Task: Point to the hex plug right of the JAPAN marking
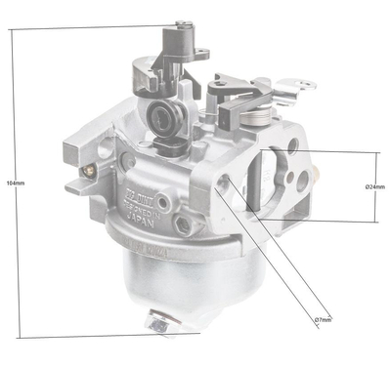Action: [x=182, y=225]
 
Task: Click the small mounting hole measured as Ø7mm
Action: [x=225, y=189]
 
